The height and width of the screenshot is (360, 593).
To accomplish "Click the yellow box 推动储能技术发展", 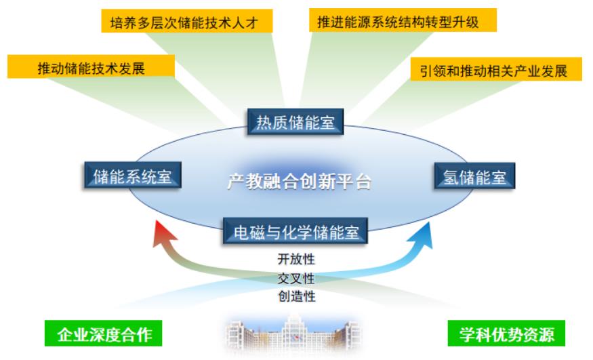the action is [91, 66].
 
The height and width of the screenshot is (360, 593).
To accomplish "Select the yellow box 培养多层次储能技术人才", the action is [187, 21].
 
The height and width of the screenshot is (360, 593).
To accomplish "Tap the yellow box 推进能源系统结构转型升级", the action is [403, 20].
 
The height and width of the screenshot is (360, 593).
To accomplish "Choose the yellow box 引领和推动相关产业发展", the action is [496, 69].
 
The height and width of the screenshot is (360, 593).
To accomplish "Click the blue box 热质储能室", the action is [295, 122].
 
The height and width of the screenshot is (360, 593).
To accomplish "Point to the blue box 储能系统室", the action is [133, 175].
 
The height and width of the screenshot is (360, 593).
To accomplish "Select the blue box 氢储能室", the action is [474, 176].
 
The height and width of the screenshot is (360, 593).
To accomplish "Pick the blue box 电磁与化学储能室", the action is [295, 231].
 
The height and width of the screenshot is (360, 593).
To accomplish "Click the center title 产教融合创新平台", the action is [299, 181].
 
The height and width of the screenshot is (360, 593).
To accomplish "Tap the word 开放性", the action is [296, 260].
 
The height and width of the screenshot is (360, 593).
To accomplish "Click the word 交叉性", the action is [296, 279].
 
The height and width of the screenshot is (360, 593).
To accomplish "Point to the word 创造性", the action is [297, 296].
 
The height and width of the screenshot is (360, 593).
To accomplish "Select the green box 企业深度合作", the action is [103, 333].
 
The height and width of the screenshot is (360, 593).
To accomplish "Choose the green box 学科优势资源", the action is [506, 333].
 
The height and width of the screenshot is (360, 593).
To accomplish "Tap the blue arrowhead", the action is [422, 236].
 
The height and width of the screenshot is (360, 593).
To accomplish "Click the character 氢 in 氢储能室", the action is [451, 176].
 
